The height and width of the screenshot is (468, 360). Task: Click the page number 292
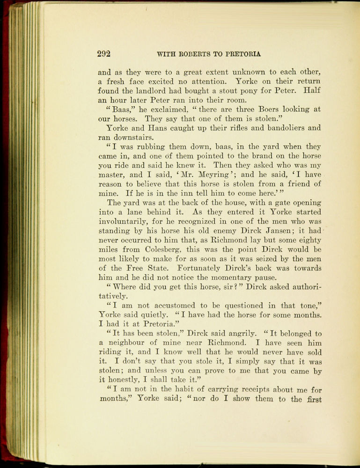coord(103,53)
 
